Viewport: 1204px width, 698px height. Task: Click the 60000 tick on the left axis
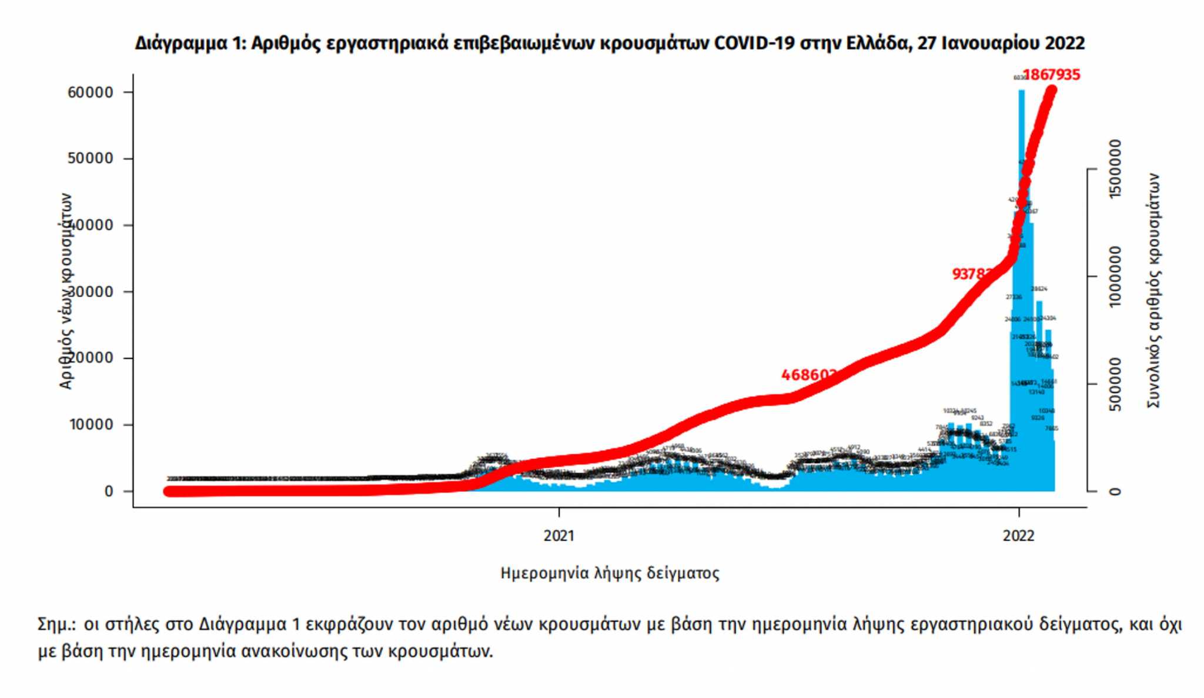point(91,92)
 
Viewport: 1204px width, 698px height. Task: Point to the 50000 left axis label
point(91,159)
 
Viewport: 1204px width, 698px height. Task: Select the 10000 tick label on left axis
point(91,425)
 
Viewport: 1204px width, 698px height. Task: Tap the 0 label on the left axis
point(109,491)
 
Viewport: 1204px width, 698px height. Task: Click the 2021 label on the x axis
point(558,535)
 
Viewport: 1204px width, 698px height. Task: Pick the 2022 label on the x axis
point(1018,535)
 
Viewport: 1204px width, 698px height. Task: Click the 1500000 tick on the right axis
point(1114,169)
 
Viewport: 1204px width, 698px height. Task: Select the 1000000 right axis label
point(1114,276)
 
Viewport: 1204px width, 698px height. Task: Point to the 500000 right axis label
point(1114,384)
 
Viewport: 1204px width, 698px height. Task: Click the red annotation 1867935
point(1052,75)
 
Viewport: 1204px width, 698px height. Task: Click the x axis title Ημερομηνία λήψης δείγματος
point(610,573)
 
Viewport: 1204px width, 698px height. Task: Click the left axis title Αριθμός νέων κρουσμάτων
point(66,291)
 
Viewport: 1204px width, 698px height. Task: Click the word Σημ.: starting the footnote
point(56,624)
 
